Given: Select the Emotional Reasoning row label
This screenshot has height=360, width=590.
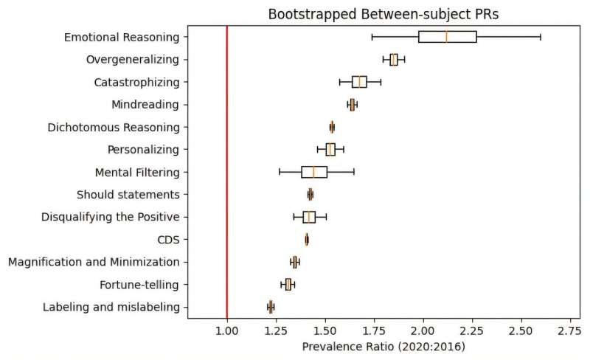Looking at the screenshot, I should (x=121, y=37).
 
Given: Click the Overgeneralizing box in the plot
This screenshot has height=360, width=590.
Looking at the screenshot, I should (x=394, y=60).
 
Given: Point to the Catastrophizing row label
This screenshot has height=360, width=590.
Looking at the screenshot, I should (x=137, y=82).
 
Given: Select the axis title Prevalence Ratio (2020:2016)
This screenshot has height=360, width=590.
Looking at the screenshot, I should (x=383, y=345).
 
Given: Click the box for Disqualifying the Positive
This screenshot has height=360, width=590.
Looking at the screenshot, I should (x=309, y=217).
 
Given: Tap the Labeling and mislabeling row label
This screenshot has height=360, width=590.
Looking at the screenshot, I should (x=111, y=307).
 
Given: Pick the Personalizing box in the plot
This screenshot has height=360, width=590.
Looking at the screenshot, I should (x=330, y=150).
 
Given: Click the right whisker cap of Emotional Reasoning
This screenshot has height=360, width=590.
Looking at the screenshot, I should (x=541, y=37).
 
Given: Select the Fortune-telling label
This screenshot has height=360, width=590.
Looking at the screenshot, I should (x=139, y=285).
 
